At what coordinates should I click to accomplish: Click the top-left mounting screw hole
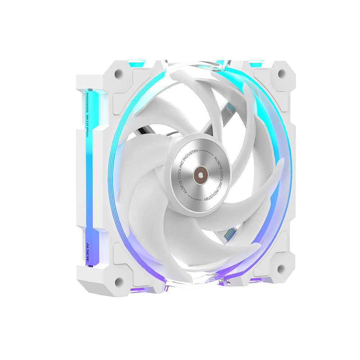[x=118, y=74]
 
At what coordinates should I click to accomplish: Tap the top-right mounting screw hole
[x=282, y=74]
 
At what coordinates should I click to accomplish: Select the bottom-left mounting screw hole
[x=118, y=282]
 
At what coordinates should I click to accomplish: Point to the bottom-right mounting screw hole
[x=281, y=269]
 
